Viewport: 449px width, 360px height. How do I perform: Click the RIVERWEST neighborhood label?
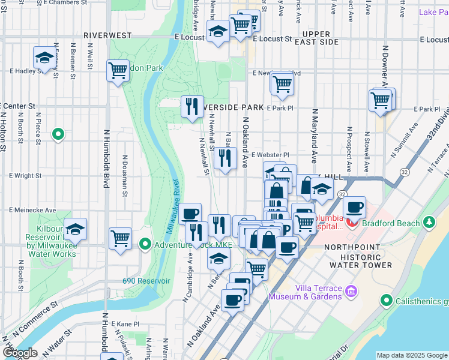pyautogui.click(x=107, y=35)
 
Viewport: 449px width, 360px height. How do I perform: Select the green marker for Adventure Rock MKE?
pyautogui.click(x=145, y=245)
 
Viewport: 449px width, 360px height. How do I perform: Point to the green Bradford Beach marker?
pyautogui.click(x=429, y=223)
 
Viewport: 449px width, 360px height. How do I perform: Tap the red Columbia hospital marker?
pyautogui.click(x=351, y=223)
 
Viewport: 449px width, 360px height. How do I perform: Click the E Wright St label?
pyautogui.click(x=25, y=176)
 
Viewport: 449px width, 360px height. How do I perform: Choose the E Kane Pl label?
pyautogui.click(x=124, y=323)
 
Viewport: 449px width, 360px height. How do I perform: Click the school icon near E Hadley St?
pyautogui.click(x=44, y=58)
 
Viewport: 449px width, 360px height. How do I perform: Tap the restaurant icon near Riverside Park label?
pyautogui.click(x=191, y=107)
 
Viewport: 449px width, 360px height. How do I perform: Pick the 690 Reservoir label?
pyautogui.click(x=142, y=280)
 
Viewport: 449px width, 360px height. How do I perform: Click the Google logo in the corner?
pyautogui.click(x=19, y=353)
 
